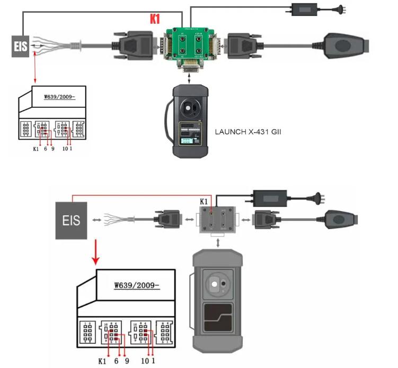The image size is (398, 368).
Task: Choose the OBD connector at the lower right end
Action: (339, 218)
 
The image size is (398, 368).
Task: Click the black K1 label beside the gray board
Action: (205, 201)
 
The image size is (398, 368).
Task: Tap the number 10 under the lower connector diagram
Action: (144, 361)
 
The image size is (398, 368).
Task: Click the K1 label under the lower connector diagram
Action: (103, 361)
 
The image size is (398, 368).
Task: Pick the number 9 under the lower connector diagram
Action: (127, 361)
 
